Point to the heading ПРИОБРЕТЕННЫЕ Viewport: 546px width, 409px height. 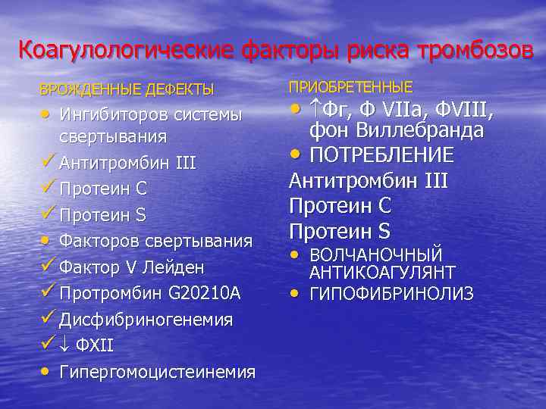350,86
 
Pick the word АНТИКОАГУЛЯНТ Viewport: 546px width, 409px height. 382,273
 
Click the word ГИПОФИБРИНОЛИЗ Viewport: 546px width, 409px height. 391,293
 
